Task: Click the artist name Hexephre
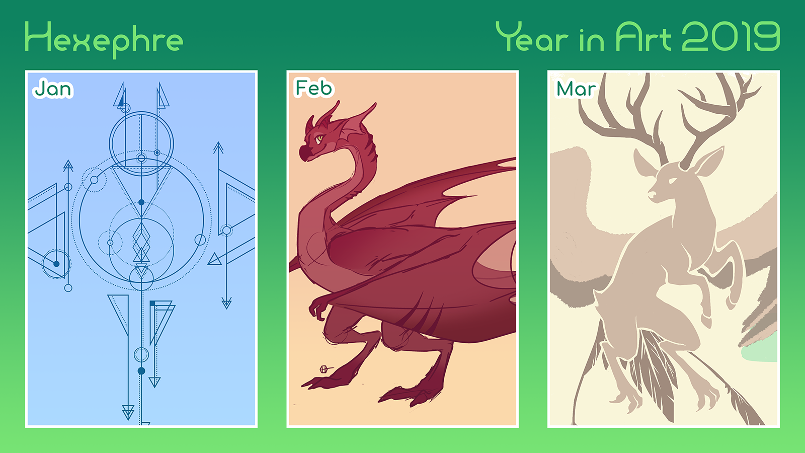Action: (x=104, y=40)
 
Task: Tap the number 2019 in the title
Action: (x=731, y=36)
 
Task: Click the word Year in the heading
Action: (x=532, y=36)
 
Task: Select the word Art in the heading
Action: (x=643, y=36)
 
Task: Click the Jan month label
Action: (x=53, y=89)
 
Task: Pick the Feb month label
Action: (x=313, y=88)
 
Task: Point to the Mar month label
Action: (x=576, y=89)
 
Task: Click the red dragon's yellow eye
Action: (x=319, y=138)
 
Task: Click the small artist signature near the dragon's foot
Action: (x=326, y=369)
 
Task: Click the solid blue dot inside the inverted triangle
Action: (x=141, y=202)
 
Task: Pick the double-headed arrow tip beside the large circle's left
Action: (x=68, y=166)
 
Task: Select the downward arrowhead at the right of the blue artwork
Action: (x=226, y=304)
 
